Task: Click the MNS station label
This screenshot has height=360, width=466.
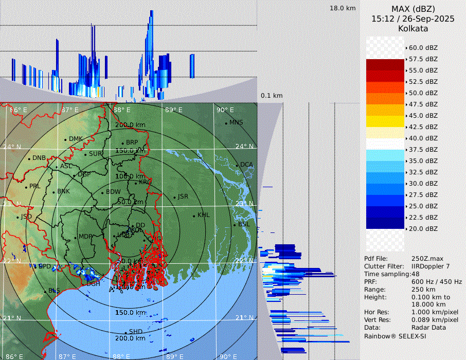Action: click(236, 122)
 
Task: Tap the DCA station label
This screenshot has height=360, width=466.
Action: click(247, 165)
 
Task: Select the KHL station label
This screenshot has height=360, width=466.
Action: click(204, 215)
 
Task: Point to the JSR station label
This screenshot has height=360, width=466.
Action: click(183, 196)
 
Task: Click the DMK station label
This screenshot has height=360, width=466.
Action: click(76, 139)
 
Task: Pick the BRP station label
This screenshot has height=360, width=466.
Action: click(132, 142)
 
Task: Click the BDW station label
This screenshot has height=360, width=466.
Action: click(113, 192)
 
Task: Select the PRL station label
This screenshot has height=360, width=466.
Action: click(34, 186)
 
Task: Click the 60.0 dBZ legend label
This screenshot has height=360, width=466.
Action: click(423, 48)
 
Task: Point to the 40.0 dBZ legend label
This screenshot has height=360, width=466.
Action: click(423, 138)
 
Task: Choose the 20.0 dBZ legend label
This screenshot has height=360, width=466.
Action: click(423, 229)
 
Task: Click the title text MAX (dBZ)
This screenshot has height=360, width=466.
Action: click(413, 9)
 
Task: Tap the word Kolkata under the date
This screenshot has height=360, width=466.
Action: click(413, 29)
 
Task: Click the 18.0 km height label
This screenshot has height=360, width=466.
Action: click(343, 8)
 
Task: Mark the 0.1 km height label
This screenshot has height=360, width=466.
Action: click(272, 96)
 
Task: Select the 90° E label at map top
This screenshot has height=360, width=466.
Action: click(225, 110)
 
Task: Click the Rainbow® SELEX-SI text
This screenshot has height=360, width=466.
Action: click(395, 336)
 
